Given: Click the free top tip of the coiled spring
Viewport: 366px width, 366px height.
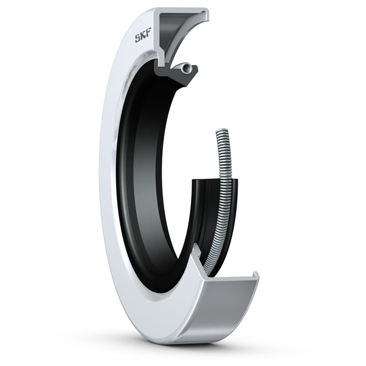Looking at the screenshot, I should (x=220, y=132).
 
